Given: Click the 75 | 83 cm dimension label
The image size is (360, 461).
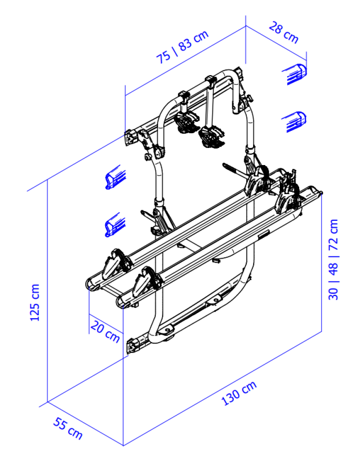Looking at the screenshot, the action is click(x=182, y=47).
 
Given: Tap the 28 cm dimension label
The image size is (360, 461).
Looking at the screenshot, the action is click(x=283, y=32).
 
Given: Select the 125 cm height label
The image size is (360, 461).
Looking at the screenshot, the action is click(x=35, y=302).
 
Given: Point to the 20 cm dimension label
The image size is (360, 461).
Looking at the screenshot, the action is click(x=105, y=331).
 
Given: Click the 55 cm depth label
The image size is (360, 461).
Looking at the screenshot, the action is click(x=68, y=429).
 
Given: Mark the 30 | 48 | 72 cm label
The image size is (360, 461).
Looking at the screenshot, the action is click(x=333, y=259).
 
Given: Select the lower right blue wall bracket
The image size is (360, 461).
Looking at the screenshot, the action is click(x=295, y=122).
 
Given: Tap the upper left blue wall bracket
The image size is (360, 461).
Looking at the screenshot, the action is click(x=115, y=177).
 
